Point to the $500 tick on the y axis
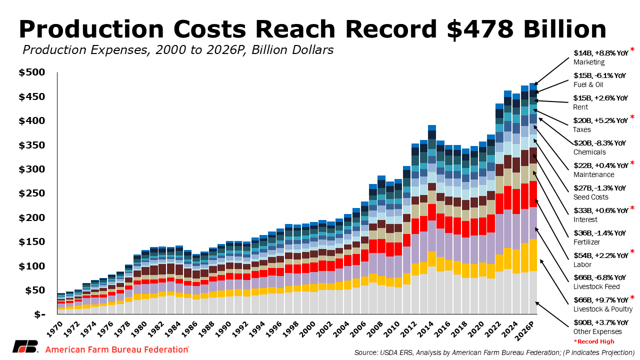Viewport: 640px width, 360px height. (39, 73)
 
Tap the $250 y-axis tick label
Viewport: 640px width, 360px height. (39, 193)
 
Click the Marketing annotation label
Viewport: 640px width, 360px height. (588, 62)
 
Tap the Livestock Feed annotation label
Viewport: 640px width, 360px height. (596, 286)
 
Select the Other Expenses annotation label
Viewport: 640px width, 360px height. (597, 331)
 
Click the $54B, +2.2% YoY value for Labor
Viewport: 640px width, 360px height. (600, 255)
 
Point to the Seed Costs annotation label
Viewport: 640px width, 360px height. (591, 197)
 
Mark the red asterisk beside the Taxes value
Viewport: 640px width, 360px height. (632, 117)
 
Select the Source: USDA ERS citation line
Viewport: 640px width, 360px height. (494, 352)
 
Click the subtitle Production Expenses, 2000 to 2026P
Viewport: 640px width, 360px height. (177, 50)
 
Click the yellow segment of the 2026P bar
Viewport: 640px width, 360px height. (533, 255)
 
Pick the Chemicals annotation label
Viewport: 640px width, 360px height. (589, 152)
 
